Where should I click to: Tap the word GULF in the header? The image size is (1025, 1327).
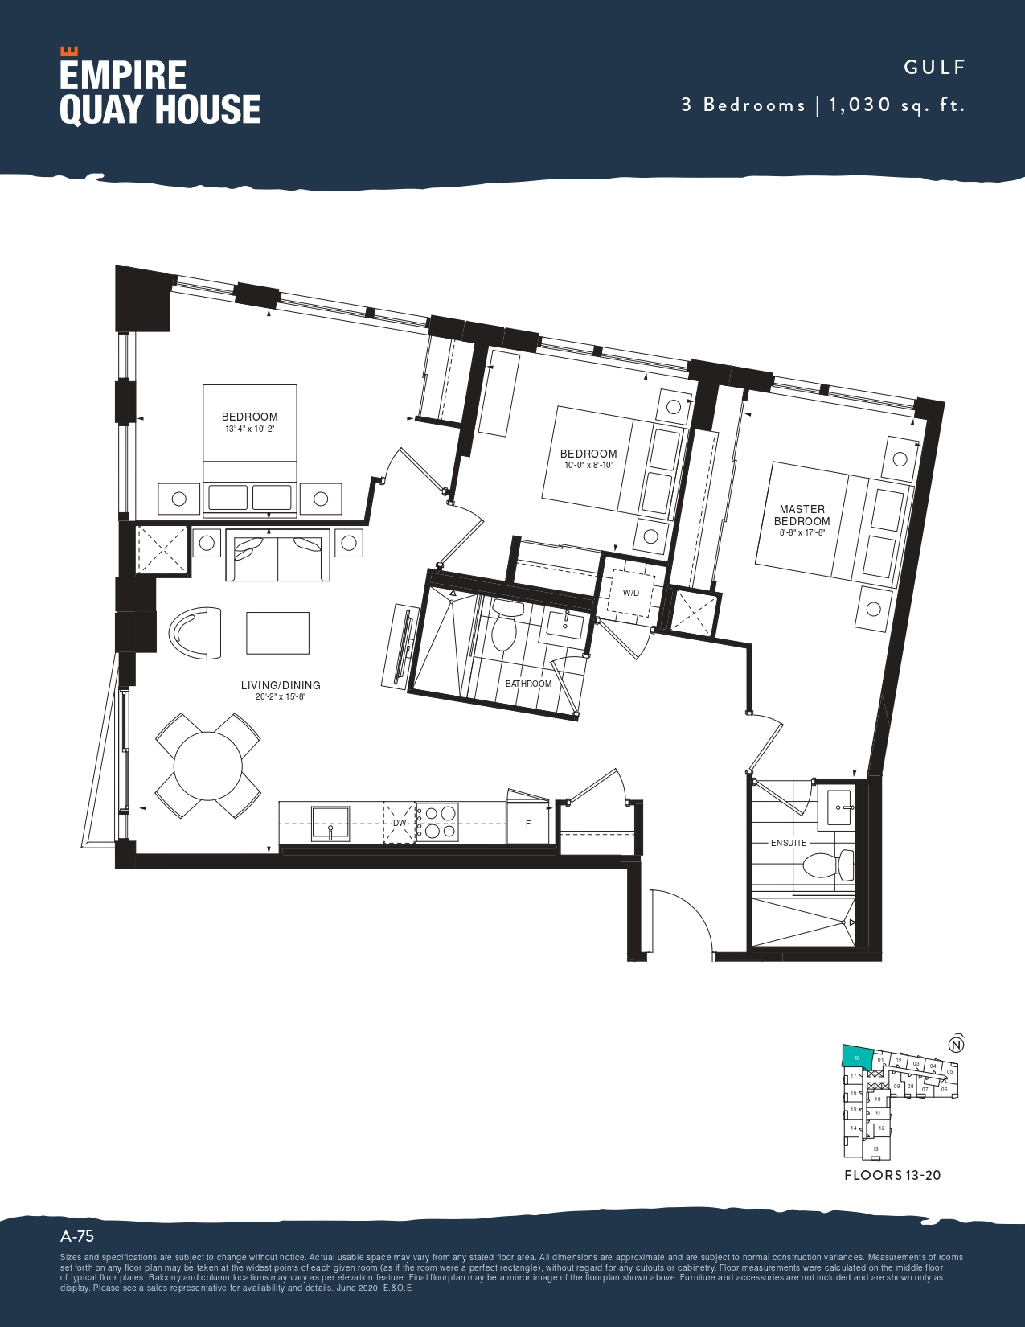click(934, 68)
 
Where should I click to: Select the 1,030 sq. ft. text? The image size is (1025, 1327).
click(896, 105)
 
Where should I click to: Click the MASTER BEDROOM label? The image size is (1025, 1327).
click(802, 515)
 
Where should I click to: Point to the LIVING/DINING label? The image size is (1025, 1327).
click(281, 685)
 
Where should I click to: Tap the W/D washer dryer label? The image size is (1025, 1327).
click(631, 594)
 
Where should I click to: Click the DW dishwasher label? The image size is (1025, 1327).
click(400, 823)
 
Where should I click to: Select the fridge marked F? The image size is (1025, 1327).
click(527, 823)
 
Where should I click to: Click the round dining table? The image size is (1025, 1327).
click(207, 765)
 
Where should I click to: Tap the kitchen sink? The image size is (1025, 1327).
click(330, 822)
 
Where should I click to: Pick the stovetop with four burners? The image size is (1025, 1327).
click(437, 822)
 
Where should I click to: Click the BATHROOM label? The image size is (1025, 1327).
click(528, 684)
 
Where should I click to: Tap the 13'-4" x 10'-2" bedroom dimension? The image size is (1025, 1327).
click(249, 429)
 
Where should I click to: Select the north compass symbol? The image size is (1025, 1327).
click(956, 1045)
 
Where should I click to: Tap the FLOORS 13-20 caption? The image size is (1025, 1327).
click(892, 1175)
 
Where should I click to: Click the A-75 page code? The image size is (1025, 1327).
click(77, 1236)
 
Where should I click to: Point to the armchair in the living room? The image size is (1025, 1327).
click(195, 632)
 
